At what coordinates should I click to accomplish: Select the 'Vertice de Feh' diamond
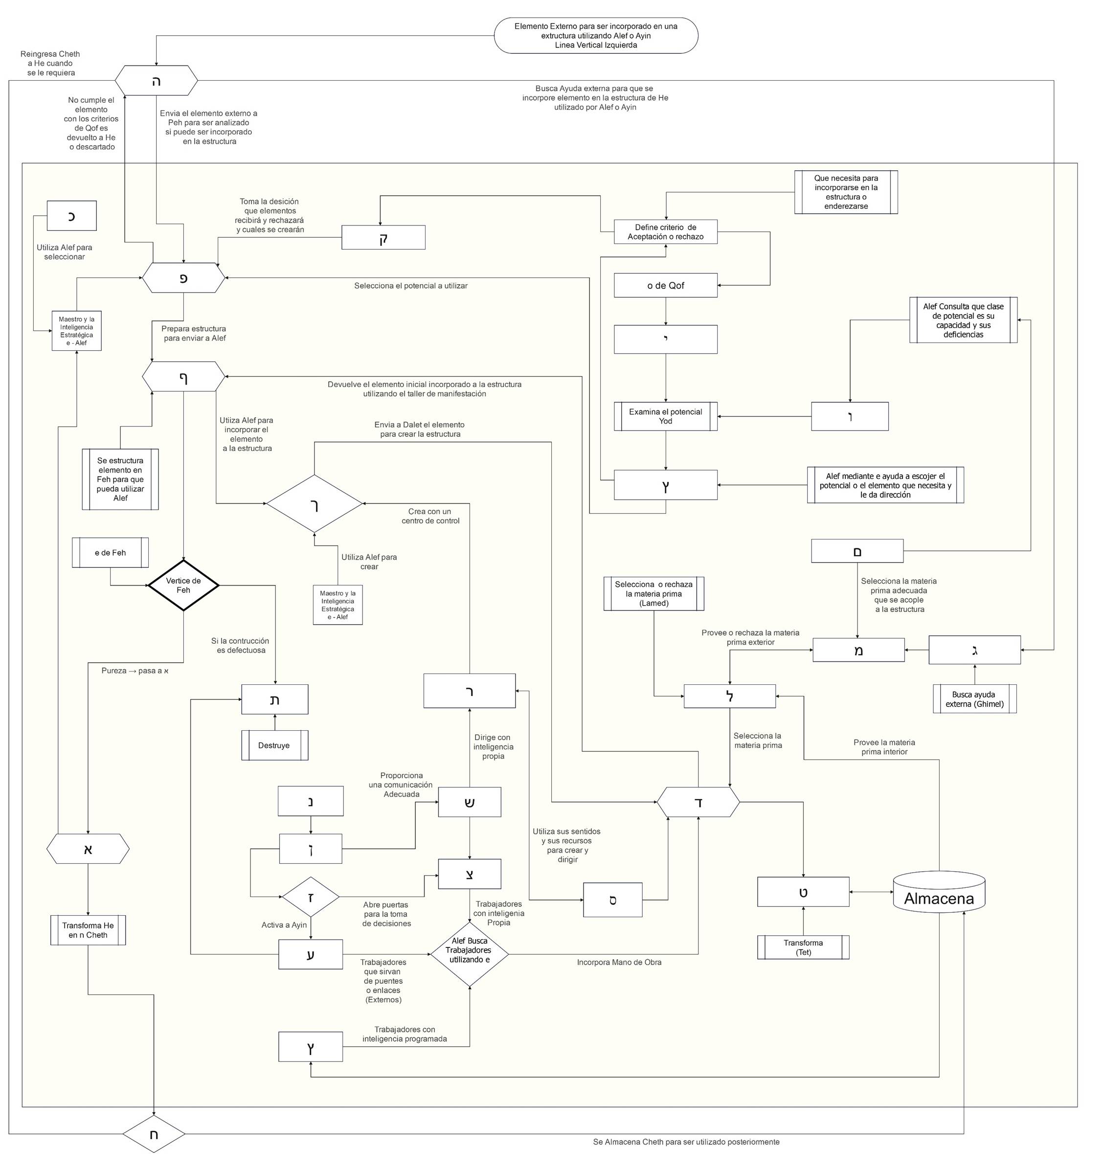pyautogui.click(x=183, y=586)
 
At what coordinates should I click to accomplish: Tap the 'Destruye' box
pyautogui.click(x=274, y=745)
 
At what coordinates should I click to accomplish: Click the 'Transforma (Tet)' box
pyautogui.click(x=803, y=947)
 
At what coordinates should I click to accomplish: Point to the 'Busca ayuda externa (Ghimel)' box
pyautogui.click(x=974, y=699)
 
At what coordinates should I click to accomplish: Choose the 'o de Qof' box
pyautogui.click(x=665, y=285)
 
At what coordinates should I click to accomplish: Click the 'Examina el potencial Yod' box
pyautogui.click(x=665, y=416)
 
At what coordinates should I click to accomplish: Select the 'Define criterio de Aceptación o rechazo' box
pyautogui.click(x=665, y=232)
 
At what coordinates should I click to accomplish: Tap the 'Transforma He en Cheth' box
pyautogui.click(x=88, y=930)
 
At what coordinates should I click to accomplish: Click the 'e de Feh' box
pyautogui.click(x=110, y=552)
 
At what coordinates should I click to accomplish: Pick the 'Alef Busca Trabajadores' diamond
pyautogui.click(x=470, y=950)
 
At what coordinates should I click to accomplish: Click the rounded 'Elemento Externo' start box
pyautogui.click(x=595, y=35)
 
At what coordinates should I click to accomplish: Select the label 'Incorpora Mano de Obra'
pyautogui.click(x=619, y=962)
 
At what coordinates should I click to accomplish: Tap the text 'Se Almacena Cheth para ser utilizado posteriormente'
pyautogui.click(x=686, y=1142)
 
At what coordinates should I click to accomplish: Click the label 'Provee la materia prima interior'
pyautogui.click(x=884, y=747)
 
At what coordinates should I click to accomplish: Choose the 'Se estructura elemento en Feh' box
pyautogui.click(x=120, y=479)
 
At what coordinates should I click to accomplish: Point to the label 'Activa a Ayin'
pyautogui.click(x=284, y=925)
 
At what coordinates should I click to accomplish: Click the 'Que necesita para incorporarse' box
pyautogui.click(x=846, y=192)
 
